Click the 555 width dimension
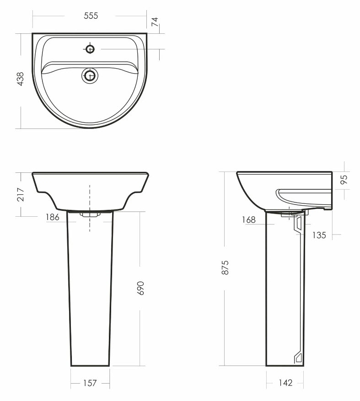(91, 16)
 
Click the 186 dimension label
(52, 218)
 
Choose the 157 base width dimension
(90, 383)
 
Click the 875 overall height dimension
(225, 267)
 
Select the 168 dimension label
(249, 220)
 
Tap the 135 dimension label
(319, 235)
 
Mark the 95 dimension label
(344, 179)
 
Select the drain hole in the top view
(90, 75)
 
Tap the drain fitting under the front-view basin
(90, 214)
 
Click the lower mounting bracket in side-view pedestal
(299, 357)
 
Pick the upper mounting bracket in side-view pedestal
(299, 225)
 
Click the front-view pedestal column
(90, 293)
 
